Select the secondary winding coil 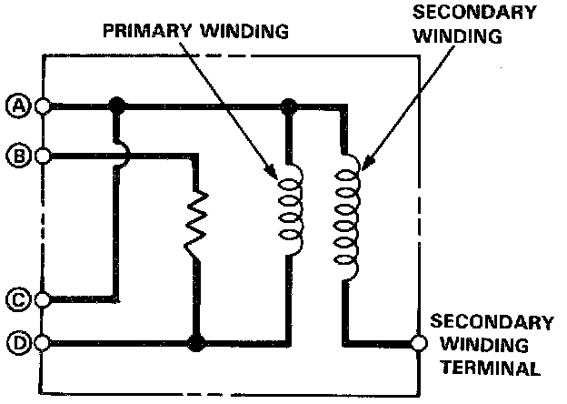click(345, 216)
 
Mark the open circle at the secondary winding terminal click(418, 344)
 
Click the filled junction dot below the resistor click(194, 344)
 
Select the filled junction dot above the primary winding click(289, 106)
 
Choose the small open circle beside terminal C click(42, 298)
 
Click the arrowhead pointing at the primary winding click(273, 173)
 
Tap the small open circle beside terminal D click(42, 344)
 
